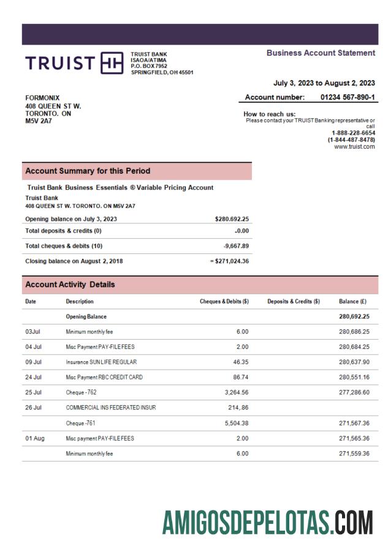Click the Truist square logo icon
pos(112,63)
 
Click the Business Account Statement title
pos(321,53)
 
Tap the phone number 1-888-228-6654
pos(353,133)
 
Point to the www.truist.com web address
pos(354,146)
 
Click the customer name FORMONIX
pos(42,98)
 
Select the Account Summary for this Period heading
pos(88,171)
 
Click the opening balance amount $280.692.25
pos(232,218)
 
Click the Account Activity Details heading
pos(70,285)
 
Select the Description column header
pos(80,301)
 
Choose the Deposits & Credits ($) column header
pos(294,301)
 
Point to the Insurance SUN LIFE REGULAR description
pos(101,362)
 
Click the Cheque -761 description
pos(81,423)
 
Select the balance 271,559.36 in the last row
pos(354,454)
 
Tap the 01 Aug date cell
pos(34,438)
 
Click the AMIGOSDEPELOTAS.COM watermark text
pos(267,523)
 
